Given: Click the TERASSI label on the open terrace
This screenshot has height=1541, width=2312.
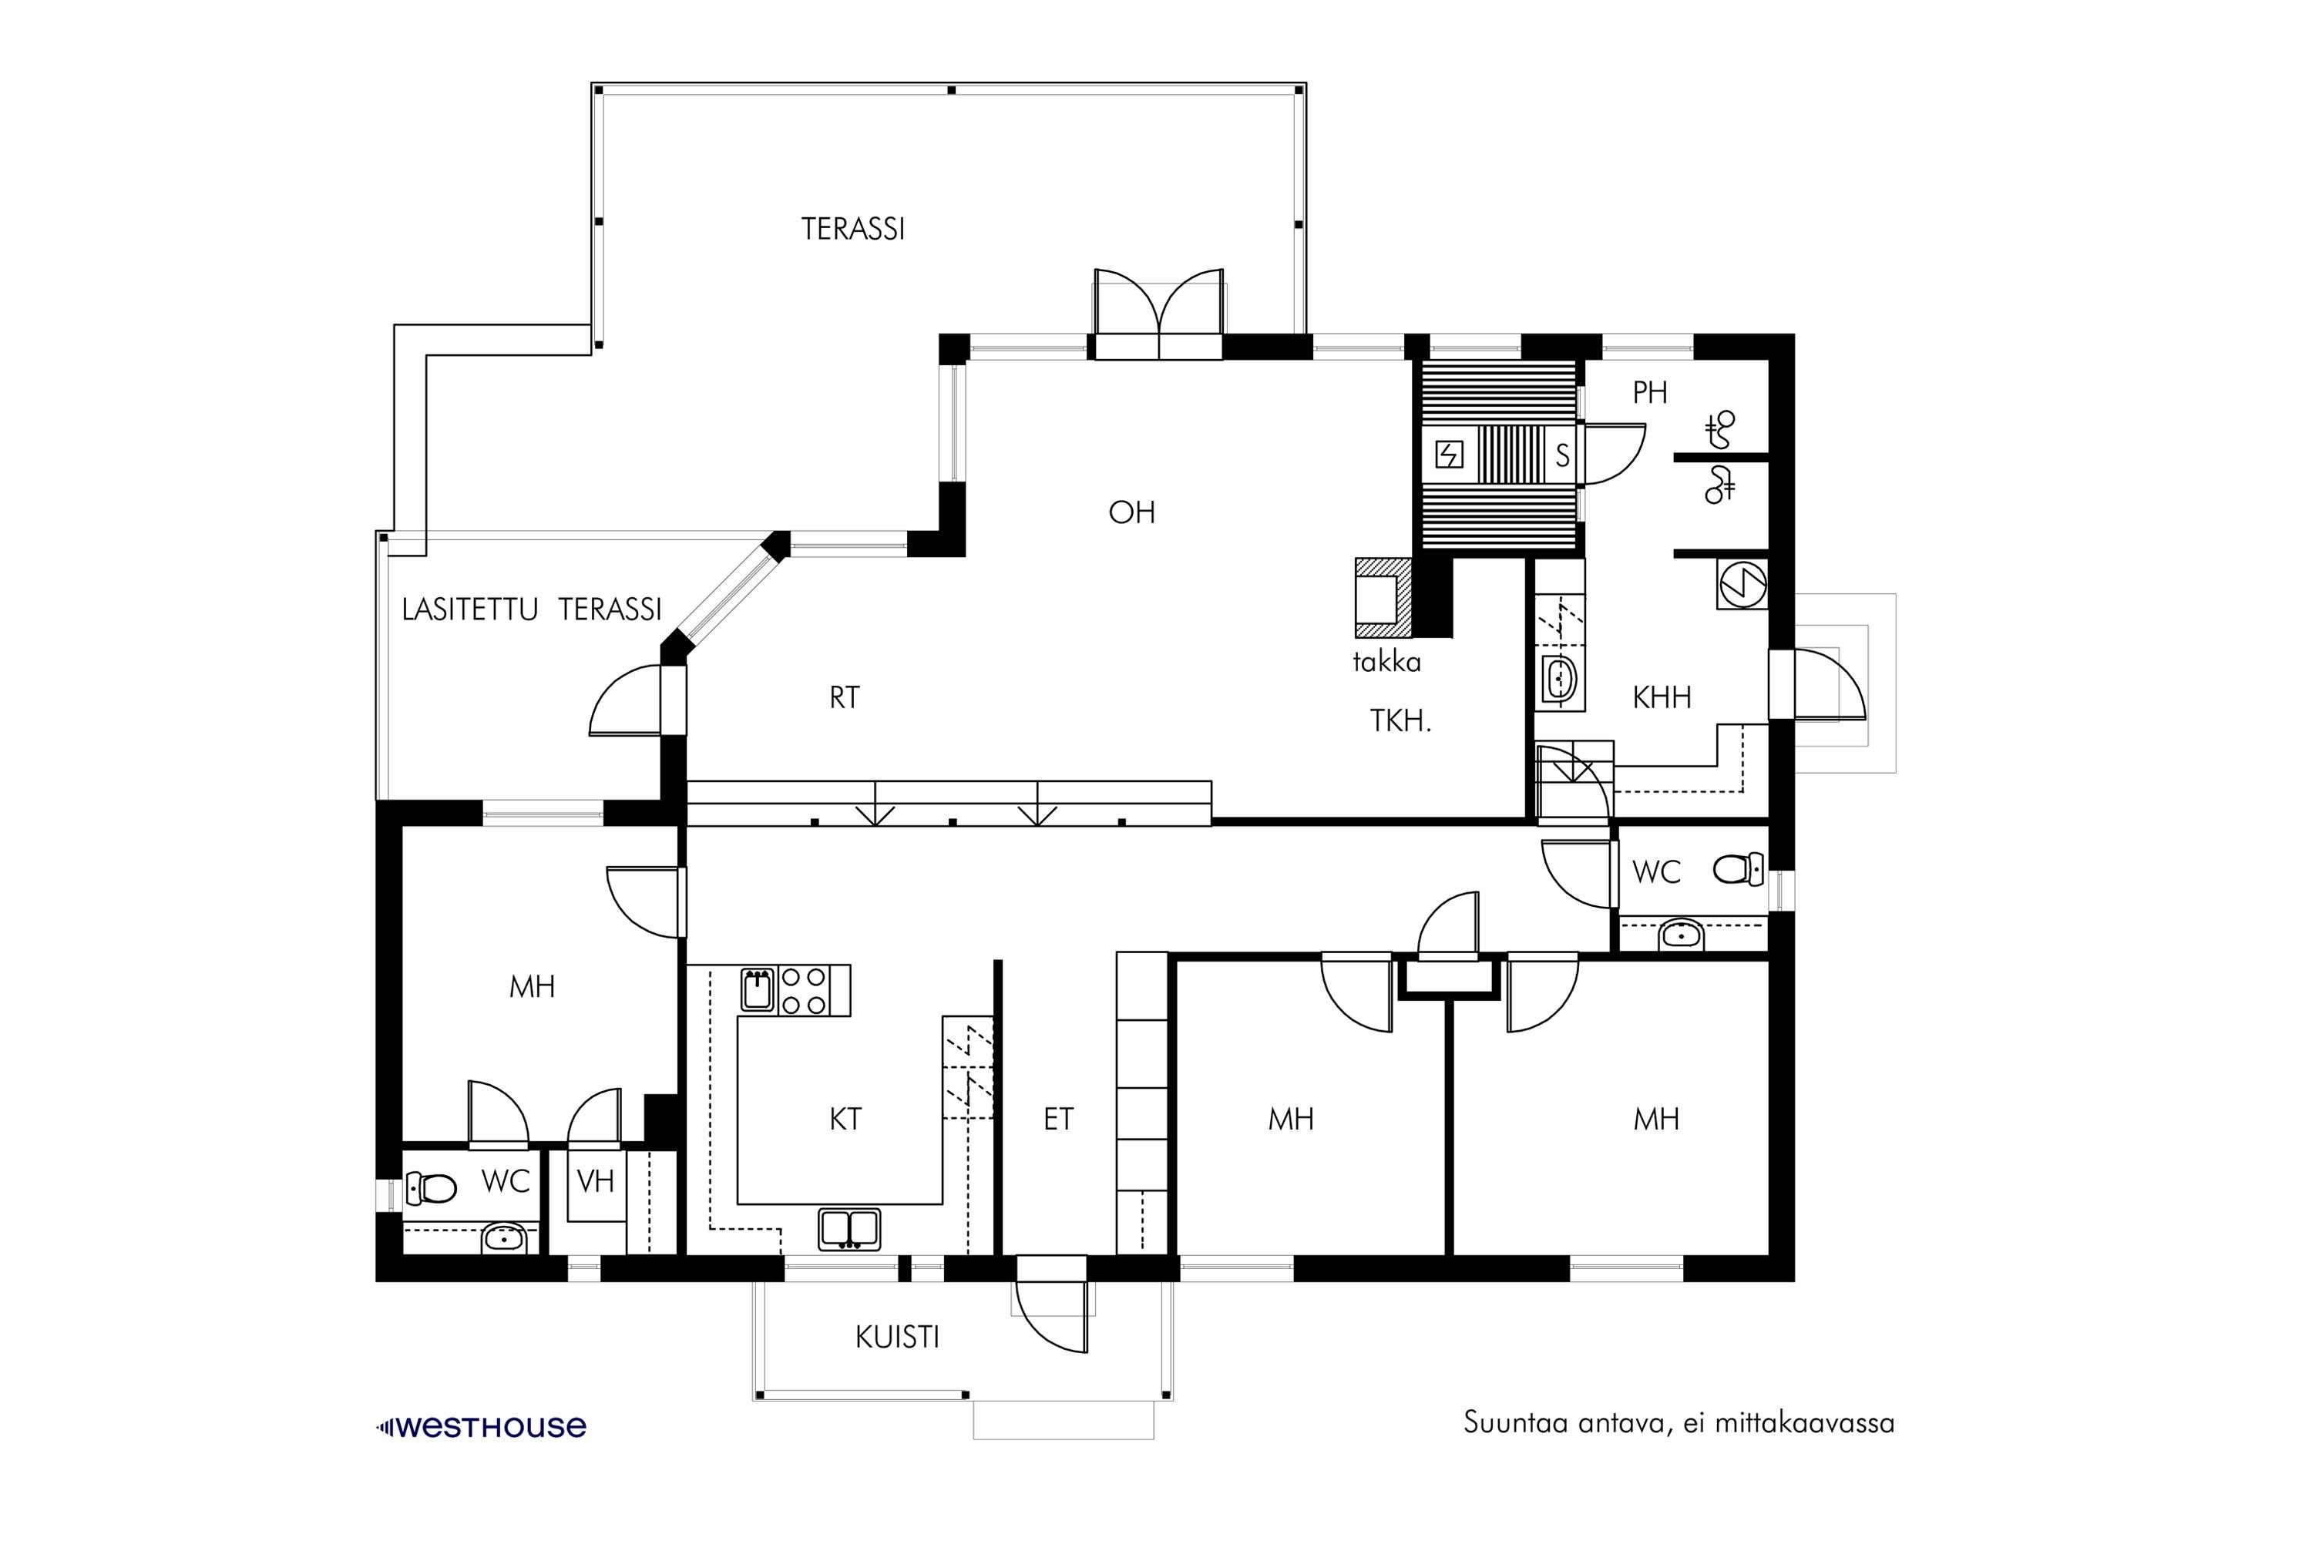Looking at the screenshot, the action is [x=852, y=229].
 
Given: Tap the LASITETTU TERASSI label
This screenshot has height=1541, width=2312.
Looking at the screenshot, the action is [x=532, y=609].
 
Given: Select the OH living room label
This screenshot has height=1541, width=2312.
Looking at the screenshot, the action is [x=1131, y=512].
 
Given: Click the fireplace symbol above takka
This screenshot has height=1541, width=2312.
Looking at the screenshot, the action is [x=1384, y=599].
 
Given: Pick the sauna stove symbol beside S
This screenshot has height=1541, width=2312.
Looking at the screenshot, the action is [x=1449, y=455].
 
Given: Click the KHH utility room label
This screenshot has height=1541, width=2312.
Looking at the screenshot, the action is [x=1662, y=698].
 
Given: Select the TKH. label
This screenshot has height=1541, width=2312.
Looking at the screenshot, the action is [x=1401, y=721].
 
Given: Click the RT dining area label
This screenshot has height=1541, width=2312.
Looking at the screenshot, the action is [x=845, y=698].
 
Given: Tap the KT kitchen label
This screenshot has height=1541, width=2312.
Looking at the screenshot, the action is [x=845, y=1119].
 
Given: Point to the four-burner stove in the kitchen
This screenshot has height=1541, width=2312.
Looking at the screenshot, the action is [x=802, y=991].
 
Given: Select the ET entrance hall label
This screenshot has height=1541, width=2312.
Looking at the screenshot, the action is [x=1059, y=1119].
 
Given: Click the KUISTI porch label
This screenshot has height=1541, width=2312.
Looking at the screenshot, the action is [x=898, y=1338].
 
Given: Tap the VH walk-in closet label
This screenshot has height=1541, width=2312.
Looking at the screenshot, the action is [x=596, y=1180].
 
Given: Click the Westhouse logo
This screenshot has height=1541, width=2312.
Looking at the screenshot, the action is [x=482, y=1427].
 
